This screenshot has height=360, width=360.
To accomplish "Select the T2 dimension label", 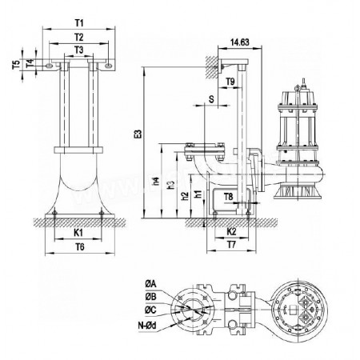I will [x=77, y=37].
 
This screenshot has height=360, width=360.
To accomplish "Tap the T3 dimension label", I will [x=77, y=50].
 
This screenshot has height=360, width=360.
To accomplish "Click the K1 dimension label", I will [x=77, y=232].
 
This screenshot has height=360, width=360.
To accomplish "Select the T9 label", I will [x=230, y=82].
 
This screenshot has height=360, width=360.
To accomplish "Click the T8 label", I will [x=229, y=196].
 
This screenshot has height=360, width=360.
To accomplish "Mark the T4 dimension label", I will [x=30, y=61].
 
